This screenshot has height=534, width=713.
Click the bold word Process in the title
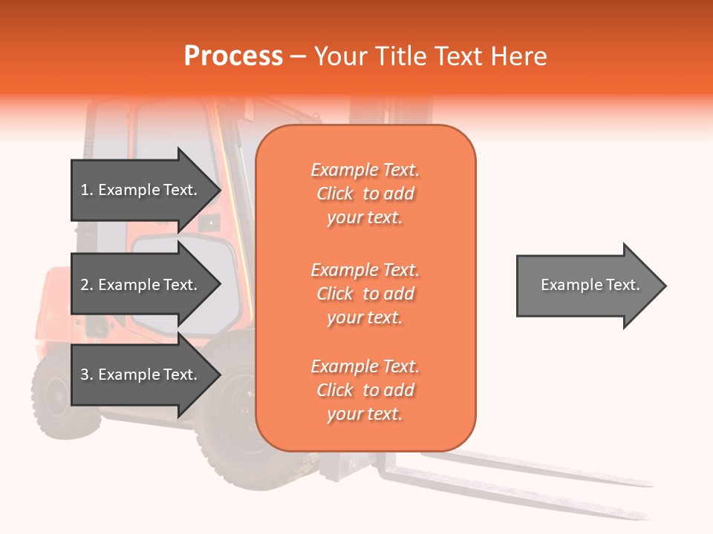[x=233, y=56]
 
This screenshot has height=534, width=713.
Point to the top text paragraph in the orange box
[x=365, y=194]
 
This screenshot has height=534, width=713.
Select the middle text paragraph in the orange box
[x=365, y=294]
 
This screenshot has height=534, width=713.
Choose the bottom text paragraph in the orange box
[x=365, y=390]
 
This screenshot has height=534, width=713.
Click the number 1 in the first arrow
[x=84, y=190]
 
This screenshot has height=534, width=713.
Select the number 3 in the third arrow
[x=84, y=375]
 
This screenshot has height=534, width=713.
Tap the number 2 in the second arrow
[x=84, y=285]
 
